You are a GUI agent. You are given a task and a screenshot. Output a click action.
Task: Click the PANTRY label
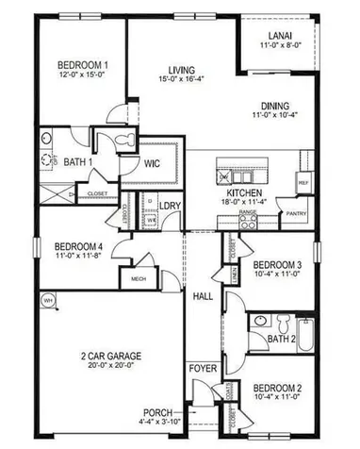click(297, 213)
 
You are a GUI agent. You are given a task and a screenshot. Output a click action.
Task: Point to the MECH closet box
click(138, 279)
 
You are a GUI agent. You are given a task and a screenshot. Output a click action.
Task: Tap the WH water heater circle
click(47, 300)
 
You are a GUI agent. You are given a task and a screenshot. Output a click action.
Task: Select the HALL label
click(203, 296)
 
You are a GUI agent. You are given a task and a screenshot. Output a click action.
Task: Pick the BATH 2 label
click(281, 337)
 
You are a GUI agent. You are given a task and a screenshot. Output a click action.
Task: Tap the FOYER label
click(201, 368)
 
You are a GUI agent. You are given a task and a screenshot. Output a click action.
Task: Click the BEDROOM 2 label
click(277, 389)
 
